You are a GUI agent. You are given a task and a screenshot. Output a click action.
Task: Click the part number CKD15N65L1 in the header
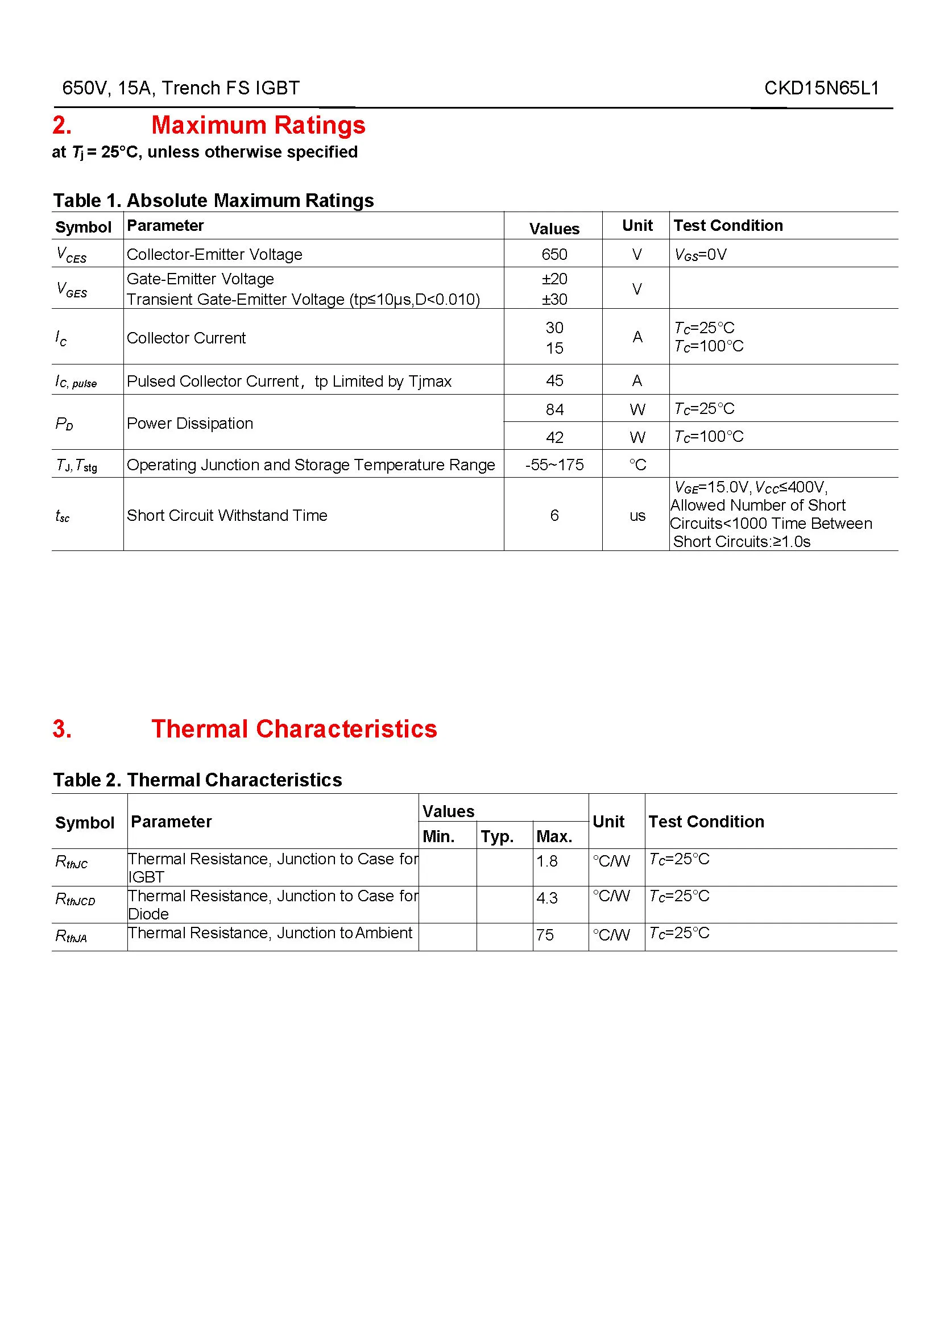(x=821, y=88)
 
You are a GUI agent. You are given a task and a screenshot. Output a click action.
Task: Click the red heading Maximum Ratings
(x=258, y=125)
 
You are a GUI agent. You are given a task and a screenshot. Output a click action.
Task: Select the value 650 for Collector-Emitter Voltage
(x=554, y=254)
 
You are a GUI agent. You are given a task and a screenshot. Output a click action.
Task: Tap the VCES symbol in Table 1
(x=71, y=255)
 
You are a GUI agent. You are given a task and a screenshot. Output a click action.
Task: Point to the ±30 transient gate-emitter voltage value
(x=554, y=300)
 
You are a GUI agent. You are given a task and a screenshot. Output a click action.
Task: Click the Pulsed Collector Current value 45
(x=554, y=380)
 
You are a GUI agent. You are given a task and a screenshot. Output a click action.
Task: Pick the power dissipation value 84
(x=554, y=409)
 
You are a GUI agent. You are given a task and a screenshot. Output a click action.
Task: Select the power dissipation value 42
(x=554, y=437)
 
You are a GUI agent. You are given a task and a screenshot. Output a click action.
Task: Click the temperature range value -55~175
(x=554, y=465)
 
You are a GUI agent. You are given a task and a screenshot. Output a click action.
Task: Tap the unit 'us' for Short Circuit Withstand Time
(x=637, y=516)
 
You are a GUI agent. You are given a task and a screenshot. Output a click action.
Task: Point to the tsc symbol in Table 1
(x=63, y=516)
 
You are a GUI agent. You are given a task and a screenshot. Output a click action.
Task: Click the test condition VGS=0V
(x=700, y=255)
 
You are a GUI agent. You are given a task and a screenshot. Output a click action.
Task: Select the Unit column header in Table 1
(x=637, y=225)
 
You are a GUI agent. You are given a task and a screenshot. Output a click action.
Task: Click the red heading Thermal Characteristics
(x=293, y=729)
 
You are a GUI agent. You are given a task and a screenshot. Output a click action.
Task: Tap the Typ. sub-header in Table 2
(x=497, y=836)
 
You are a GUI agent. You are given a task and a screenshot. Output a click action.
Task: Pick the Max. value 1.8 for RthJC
(x=546, y=861)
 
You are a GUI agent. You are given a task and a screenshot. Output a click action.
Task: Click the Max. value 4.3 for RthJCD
(x=546, y=898)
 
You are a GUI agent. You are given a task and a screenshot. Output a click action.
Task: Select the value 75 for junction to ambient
(x=544, y=935)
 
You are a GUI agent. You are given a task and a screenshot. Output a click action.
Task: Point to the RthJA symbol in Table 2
(x=71, y=936)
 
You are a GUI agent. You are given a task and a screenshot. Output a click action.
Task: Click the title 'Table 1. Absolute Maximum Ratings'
(x=213, y=200)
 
